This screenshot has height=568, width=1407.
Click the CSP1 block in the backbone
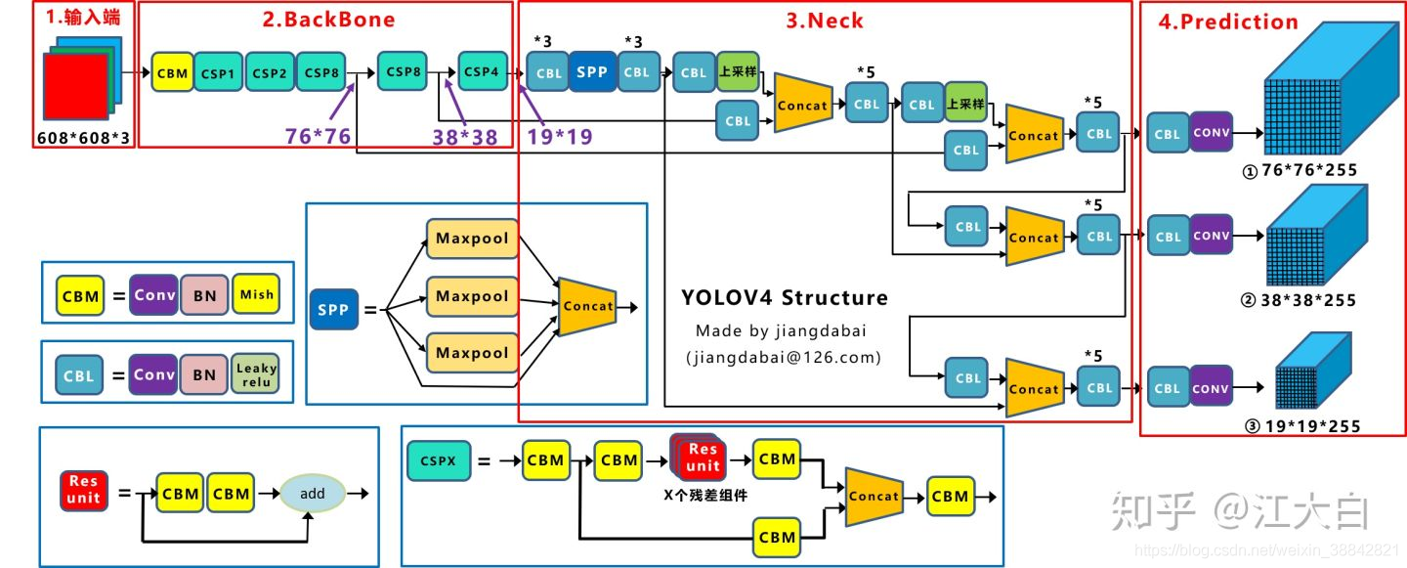point(218,73)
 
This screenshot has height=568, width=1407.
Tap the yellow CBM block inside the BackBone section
point(172,73)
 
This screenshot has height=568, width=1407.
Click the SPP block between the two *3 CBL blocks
point(591,71)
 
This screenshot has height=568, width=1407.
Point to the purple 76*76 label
point(318,137)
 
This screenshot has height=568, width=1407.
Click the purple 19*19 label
point(559,137)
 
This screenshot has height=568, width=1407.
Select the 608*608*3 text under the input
point(83,137)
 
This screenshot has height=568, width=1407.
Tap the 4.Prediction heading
point(1227,22)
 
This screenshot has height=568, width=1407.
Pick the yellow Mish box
point(257,294)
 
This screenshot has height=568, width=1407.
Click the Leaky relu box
point(256,373)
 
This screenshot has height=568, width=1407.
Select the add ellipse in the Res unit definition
point(312,494)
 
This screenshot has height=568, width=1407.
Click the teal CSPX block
point(438,459)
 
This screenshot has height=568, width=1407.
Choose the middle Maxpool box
point(472,296)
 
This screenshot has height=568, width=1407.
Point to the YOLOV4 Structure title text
point(785,298)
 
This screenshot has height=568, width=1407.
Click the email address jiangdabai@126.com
point(784,358)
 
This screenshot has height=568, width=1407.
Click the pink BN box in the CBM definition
point(204,294)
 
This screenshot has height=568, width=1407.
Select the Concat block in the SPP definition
point(587,306)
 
